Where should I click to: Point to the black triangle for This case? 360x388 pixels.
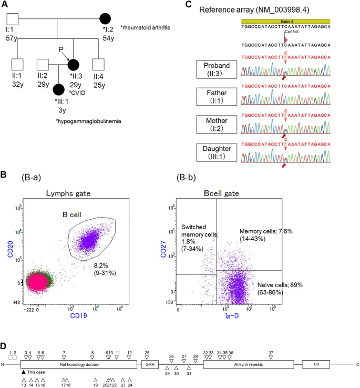tap(24, 372)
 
